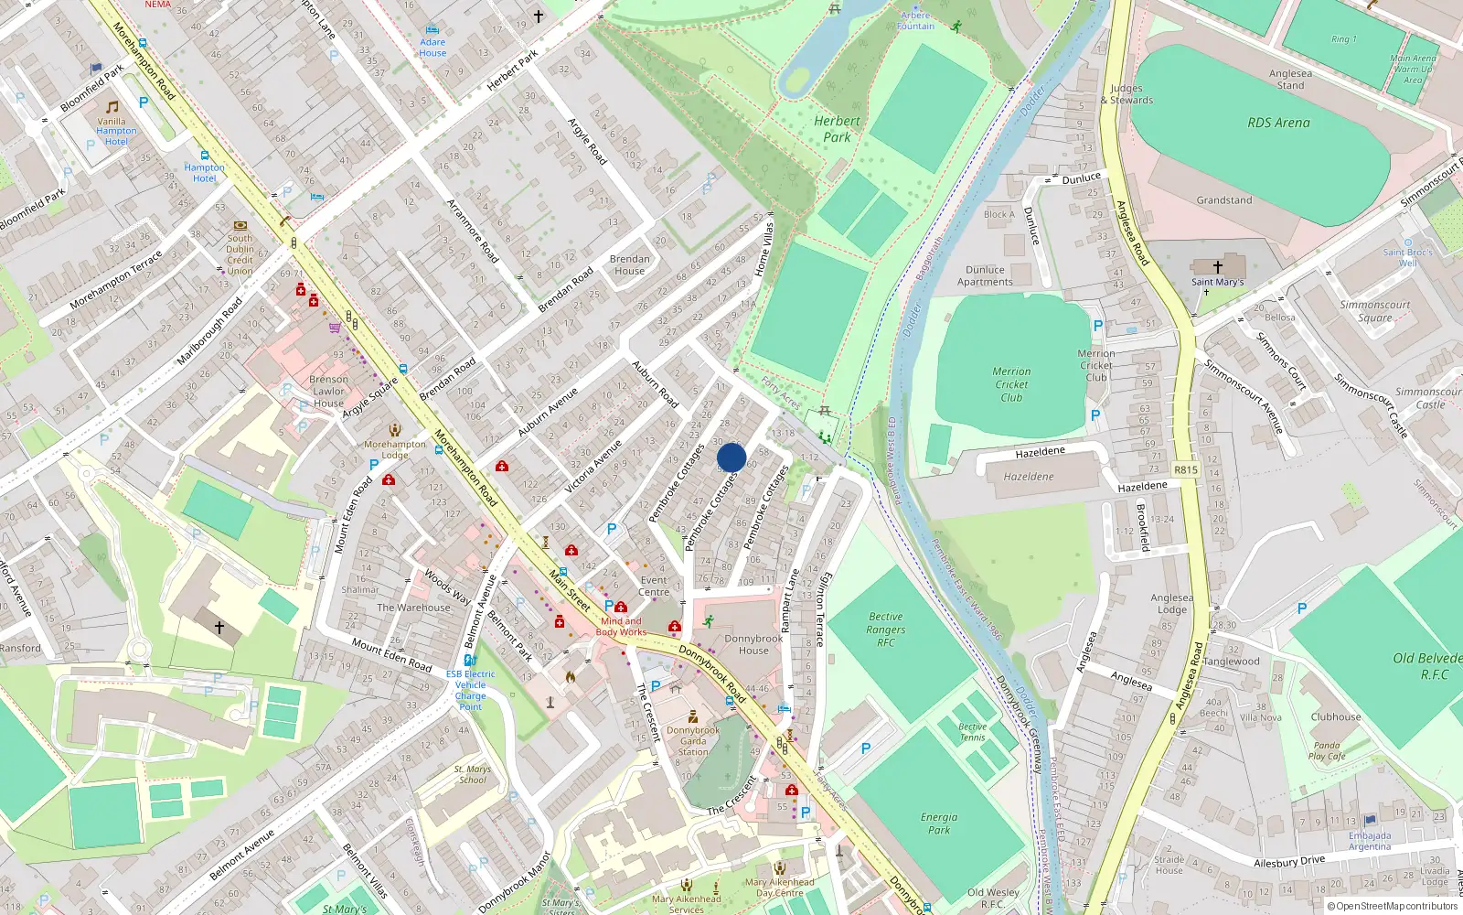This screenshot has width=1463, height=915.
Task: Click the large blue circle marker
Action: [731, 457]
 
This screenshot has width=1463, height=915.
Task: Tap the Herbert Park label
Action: [837, 129]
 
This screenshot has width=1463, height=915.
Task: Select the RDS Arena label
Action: [1278, 123]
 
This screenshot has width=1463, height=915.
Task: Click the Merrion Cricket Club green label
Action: [1011, 384]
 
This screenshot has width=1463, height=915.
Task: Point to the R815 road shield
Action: [1185, 469]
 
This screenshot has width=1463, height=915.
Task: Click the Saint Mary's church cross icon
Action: [1217, 267]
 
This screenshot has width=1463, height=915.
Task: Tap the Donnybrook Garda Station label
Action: [693, 741]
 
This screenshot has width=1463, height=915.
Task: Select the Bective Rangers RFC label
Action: [885, 630]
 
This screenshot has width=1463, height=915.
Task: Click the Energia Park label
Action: [939, 823]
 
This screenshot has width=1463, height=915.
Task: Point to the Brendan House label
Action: [629, 264]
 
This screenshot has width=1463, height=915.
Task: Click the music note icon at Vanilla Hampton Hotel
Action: [112, 107]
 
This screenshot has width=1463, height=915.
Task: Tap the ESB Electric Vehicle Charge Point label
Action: [471, 690]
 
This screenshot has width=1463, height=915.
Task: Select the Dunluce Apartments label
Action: [985, 275]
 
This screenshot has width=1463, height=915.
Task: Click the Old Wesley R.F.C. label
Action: [993, 898]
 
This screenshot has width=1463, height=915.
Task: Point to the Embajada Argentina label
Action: [1369, 841]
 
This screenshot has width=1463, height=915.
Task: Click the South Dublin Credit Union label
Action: [240, 254]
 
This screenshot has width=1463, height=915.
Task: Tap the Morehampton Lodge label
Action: [395, 449]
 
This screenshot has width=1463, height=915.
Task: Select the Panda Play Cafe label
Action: [1326, 750]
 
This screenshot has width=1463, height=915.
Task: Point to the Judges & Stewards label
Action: [1131, 94]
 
